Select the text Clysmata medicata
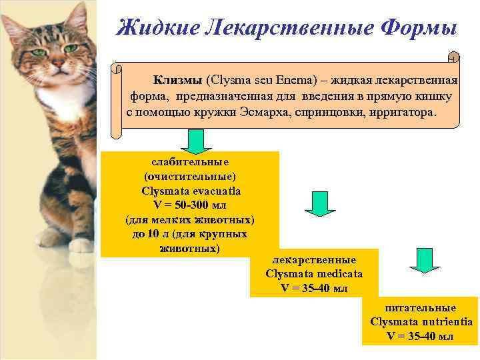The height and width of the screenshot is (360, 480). pos(314,273)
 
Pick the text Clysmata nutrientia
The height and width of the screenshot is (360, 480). pos(421,322)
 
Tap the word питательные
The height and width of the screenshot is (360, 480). pos(421,307)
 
